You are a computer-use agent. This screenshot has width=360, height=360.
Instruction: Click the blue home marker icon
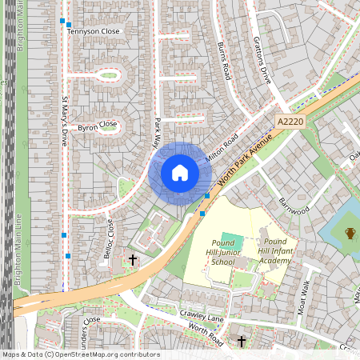click(179, 173)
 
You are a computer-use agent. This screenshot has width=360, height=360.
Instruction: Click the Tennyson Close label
click(93, 31)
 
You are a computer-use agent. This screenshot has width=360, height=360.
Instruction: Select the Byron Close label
click(97, 126)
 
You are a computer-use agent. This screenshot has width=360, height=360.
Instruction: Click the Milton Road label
click(222, 150)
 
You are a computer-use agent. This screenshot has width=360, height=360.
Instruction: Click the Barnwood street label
click(293, 205)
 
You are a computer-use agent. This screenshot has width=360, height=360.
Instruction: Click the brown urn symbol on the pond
click(350, 234)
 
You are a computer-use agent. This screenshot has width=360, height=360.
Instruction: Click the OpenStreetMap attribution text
click(81, 354)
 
